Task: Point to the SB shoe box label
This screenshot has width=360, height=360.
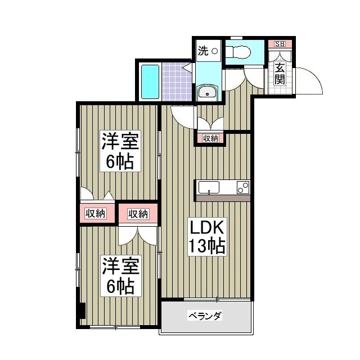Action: (279, 44)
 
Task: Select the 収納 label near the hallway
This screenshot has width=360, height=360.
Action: (210, 138)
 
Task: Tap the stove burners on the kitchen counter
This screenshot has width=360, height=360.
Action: (243, 188)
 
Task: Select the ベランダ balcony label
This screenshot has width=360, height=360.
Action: (204, 316)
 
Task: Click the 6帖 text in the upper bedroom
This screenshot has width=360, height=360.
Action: (120, 162)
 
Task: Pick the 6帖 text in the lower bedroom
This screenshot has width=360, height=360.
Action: (120, 287)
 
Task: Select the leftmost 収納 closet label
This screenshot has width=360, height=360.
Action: (96, 213)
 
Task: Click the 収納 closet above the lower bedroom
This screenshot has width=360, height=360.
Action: (138, 213)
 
